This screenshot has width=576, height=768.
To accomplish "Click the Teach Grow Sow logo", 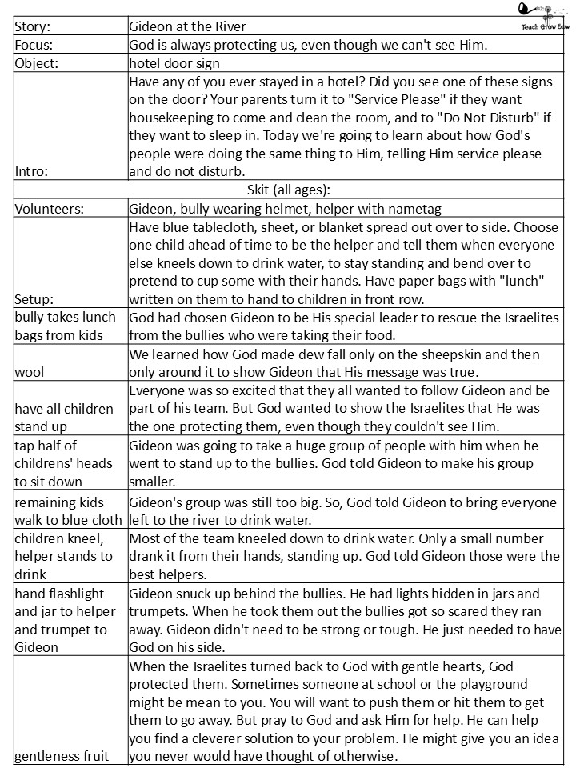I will click(540, 16).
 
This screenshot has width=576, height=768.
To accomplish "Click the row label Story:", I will click(32, 26).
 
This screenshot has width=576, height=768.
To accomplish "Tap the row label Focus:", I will click(34, 45).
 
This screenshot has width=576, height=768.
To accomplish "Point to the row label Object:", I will click(36, 63).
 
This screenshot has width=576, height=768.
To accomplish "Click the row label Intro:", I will click(31, 170).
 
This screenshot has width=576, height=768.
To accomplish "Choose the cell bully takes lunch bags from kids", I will click(64, 326).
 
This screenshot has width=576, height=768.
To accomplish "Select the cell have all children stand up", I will click(64, 416).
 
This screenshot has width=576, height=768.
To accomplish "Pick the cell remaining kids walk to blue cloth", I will click(68, 510).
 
